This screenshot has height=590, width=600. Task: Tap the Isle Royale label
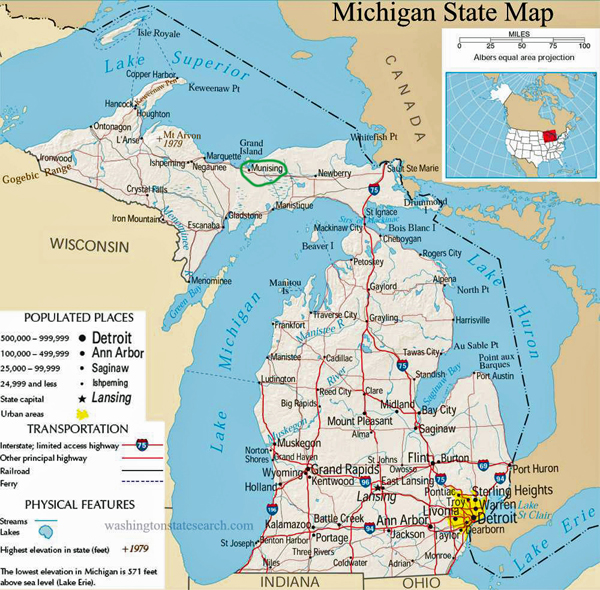(x=158, y=32)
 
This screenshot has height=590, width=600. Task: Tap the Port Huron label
(x=532, y=468)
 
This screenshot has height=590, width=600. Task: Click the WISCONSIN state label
(x=90, y=245)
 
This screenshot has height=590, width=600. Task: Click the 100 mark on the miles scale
(x=583, y=46)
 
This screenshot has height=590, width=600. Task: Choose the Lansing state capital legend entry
(x=112, y=396)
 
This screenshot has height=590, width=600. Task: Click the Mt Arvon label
(x=182, y=133)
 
